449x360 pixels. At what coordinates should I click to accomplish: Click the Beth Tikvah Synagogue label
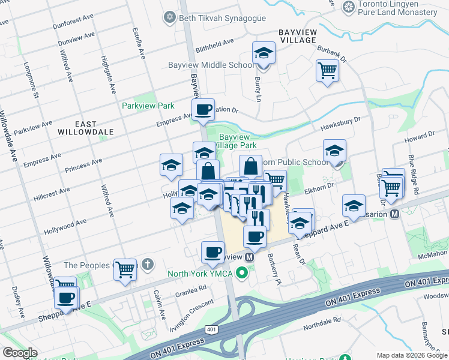tap(222, 18)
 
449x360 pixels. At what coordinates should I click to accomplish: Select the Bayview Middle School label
tap(211, 65)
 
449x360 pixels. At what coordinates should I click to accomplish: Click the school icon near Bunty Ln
tap(263, 54)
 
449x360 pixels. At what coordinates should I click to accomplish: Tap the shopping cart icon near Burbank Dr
tap(327, 71)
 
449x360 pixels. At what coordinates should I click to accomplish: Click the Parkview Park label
tap(148, 106)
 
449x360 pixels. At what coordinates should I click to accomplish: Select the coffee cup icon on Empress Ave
tap(203, 109)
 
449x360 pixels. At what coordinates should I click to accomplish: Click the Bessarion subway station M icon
tap(395, 214)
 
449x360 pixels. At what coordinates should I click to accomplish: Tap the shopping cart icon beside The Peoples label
tap(125, 269)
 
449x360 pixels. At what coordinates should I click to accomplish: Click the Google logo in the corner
tap(20, 353)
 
